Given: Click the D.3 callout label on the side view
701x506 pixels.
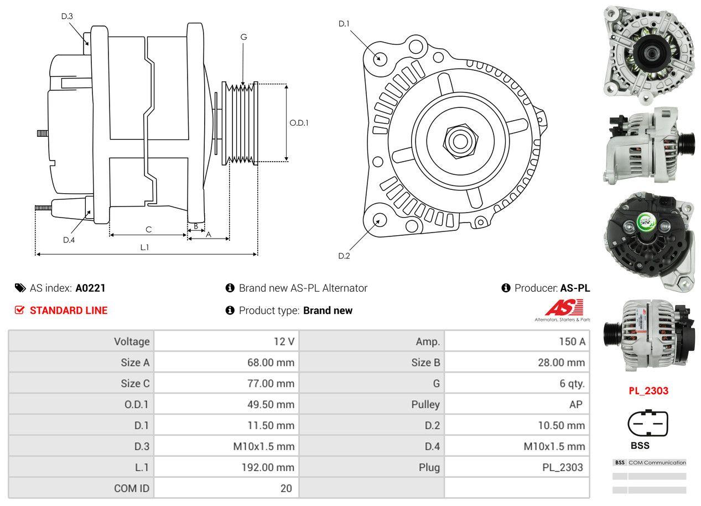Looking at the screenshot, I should click(67, 16).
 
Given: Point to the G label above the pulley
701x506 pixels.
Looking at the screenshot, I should click(243, 37).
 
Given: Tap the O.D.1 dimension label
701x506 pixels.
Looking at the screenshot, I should click(299, 122).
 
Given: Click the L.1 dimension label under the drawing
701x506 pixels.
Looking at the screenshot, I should click(144, 247).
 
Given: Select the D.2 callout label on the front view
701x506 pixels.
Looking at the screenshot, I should click(344, 256).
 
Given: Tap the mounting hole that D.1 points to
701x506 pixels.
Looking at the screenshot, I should click(380, 58).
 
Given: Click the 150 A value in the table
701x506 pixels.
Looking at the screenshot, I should click(572, 342).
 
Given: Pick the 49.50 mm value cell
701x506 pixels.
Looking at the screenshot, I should click(271, 404).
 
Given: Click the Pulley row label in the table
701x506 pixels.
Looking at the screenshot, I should click(425, 404).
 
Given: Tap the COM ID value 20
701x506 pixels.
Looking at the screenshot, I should click(285, 488).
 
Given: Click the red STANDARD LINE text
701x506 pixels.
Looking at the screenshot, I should click(69, 311).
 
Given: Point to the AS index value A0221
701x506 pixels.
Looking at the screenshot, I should click(90, 288).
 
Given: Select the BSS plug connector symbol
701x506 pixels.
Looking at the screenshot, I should click(647, 424).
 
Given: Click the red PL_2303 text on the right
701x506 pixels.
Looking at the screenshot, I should click(648, 390).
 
